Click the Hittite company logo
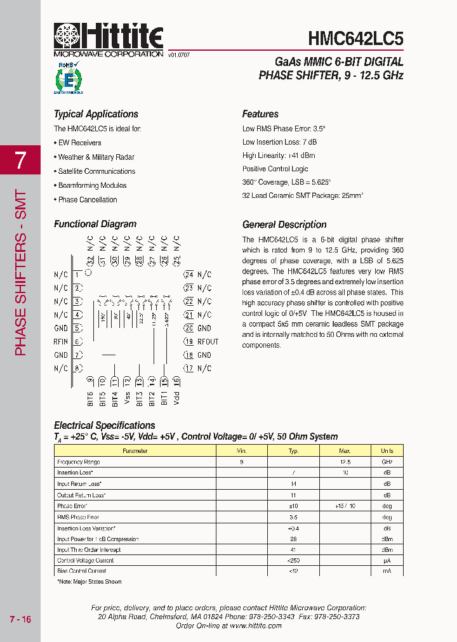coord(109,37)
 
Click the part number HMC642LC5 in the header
coord(355,39)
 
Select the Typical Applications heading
coord(96,114)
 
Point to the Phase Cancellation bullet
coord(86,200)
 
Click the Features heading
coord(260,114)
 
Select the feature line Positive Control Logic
coord(275,169)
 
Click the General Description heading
coord(284,225)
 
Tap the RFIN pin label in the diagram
coord(61,341)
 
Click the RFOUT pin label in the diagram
coord(208,341)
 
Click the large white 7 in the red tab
coord(20,160)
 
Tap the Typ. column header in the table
coord(293,451)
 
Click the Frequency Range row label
coord(79,462)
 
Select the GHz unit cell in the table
coord(387,462)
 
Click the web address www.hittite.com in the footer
coord(256,626)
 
